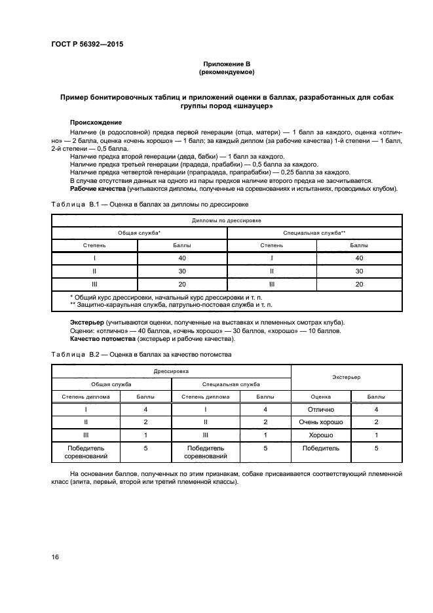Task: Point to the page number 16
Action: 56,556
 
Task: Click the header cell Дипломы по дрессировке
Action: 227,220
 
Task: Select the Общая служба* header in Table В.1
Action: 139,233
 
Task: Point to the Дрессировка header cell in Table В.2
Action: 171,371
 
